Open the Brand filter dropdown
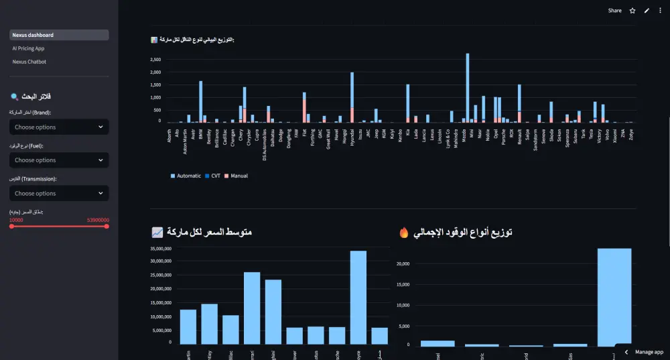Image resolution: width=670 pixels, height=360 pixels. (59, 127)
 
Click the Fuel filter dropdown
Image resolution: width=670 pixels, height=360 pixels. (59, 160)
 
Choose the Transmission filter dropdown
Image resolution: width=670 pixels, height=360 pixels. (59, 193)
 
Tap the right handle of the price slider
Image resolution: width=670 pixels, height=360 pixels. (107, 227)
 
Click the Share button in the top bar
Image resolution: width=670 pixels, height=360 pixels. (614, 11)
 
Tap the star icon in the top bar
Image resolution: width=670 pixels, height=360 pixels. (632, 11)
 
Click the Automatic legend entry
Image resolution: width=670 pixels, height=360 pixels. (186, 176)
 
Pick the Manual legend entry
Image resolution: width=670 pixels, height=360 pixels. (237, 176)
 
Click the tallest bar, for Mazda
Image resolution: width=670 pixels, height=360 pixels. (468, 87)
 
